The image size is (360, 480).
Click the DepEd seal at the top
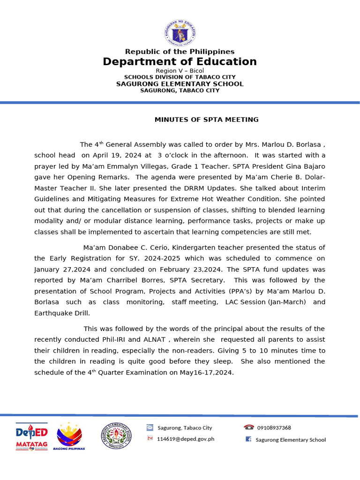pos(180,33)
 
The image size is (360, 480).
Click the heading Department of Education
pos(180,62)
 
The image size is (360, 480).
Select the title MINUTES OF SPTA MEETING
pos(207,120)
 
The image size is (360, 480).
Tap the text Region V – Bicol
pos(180,71)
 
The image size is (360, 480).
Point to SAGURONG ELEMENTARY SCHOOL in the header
pos(180,84)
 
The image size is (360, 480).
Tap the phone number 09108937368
pos(274,427)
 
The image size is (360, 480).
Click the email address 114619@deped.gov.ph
pos(186,439)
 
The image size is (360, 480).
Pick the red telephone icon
pos(248,427)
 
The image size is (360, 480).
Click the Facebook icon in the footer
pos(248,439)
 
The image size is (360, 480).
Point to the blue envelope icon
pos(150,427)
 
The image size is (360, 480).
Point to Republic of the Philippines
pos(180,52)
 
